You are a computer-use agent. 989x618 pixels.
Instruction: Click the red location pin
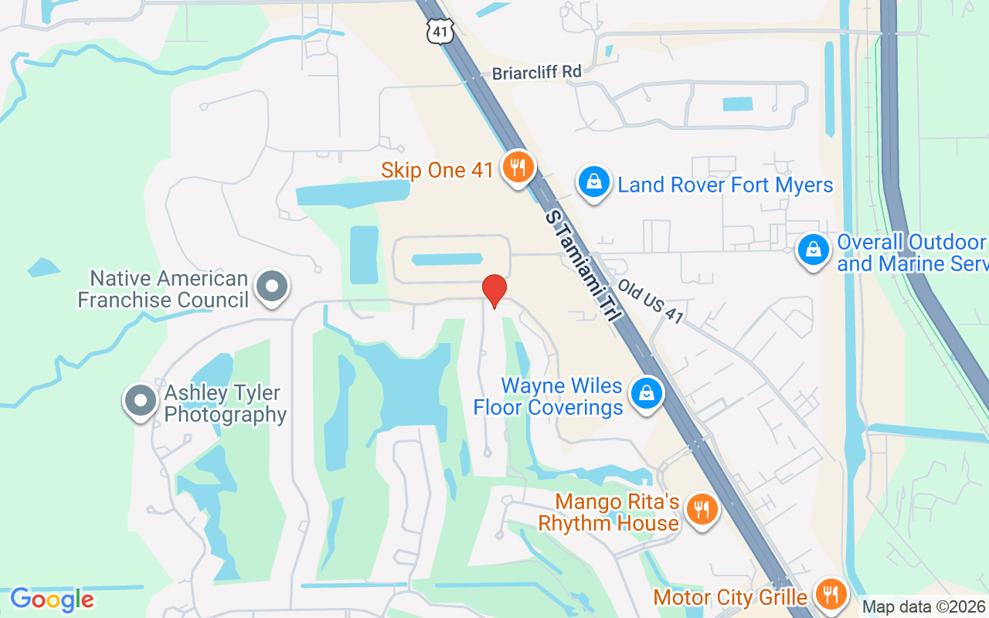click(494, 290)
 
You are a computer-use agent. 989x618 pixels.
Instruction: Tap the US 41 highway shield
click(438, 32)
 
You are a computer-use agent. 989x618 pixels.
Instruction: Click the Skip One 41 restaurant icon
click(517, 167)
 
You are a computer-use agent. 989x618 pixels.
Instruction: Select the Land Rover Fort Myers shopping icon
click(593, 182)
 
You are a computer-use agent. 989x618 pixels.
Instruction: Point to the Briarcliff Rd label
click(536, 72)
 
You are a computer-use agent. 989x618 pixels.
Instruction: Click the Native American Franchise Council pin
click(271, 287)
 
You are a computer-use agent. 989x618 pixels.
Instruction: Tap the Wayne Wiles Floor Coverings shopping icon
click(647, 393)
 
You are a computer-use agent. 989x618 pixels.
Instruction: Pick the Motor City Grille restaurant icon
click(831, 594)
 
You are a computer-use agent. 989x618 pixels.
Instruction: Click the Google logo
click(52, 599)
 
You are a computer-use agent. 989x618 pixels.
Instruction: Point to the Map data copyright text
click(924, 607)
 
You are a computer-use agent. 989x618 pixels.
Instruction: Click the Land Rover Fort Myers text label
click(726, 185)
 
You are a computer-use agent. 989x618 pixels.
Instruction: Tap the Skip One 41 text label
click(437, 170)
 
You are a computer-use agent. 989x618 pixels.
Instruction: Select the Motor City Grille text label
click(730, 597)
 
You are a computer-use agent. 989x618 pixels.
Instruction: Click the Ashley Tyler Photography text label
click(226, 404)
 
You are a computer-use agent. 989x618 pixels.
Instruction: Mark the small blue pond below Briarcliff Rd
click(736, 104)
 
